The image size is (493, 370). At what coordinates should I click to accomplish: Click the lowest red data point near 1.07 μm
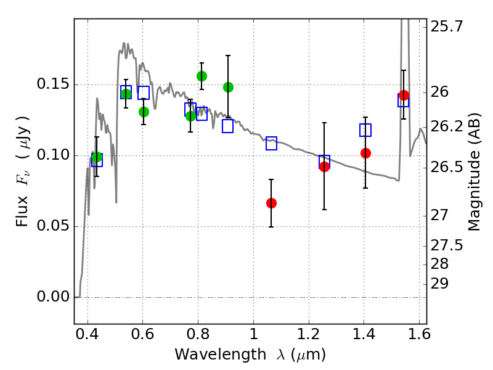tap(271, 203)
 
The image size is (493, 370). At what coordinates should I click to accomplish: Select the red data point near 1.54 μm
tap(404, 95)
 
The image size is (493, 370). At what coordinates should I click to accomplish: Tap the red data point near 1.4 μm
tap(365, 153)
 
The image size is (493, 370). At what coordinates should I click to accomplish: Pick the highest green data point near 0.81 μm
tap(202, 76)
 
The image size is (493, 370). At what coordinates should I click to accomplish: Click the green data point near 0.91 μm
tap(228, 87)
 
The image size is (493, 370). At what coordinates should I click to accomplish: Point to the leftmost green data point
tap(97, 157)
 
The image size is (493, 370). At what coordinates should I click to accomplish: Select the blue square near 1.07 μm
tap(271, 143)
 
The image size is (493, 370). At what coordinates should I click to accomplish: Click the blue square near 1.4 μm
tap(365, 130)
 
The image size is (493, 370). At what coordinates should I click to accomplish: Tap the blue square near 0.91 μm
tap(228, 126)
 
